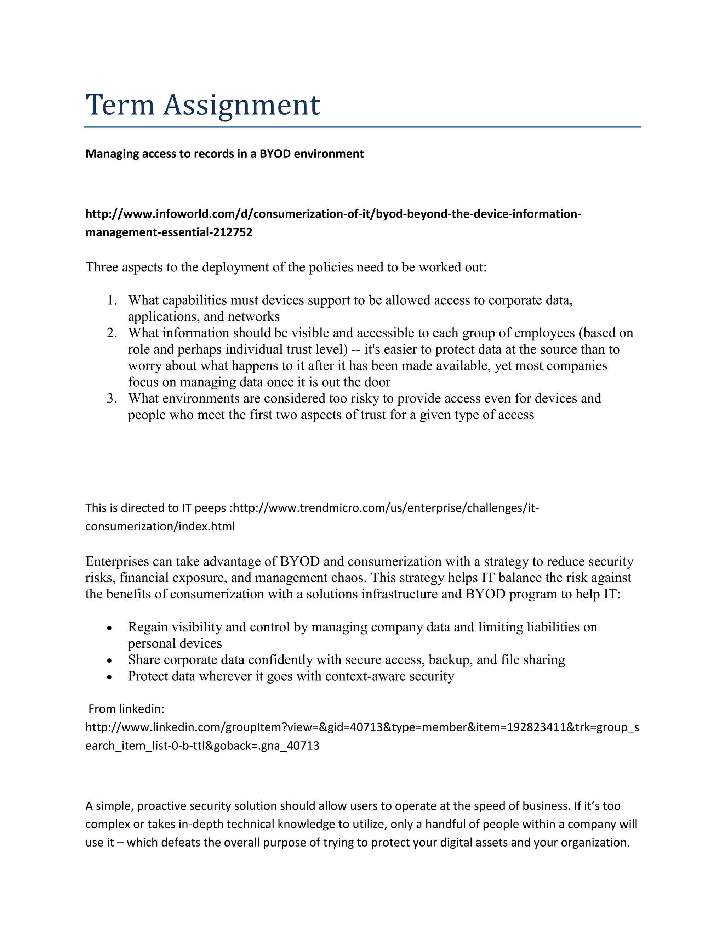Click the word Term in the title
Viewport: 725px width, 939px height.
pyautogui.click(x=120, y=105)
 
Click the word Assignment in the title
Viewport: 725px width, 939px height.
pyautogui.click(x=241, y=106)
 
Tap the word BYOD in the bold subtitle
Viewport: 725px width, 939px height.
pyautogui.click(x=275, y=154)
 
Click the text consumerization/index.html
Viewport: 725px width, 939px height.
pyautogui.click(x=160, y=527)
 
